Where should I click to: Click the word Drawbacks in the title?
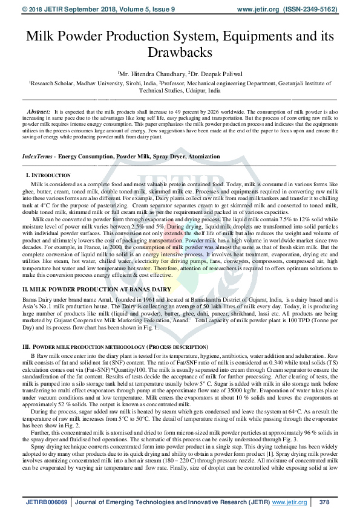(180, 53)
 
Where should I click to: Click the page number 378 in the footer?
(324, 501)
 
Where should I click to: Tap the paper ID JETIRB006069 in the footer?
(47, 501)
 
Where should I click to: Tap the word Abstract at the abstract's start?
(39, 112)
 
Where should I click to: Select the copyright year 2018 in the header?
(21, 9)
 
